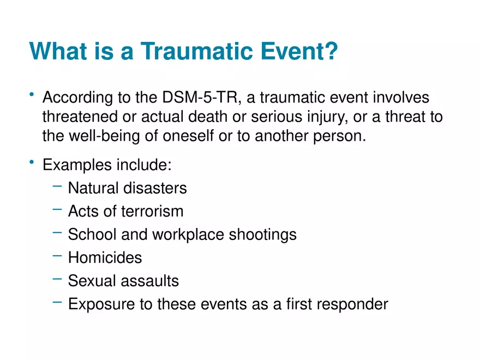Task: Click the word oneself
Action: click(188, 136)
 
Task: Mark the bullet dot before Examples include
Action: click(33, 162)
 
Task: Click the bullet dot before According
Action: click(33, 95)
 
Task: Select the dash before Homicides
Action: click(57, 255)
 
